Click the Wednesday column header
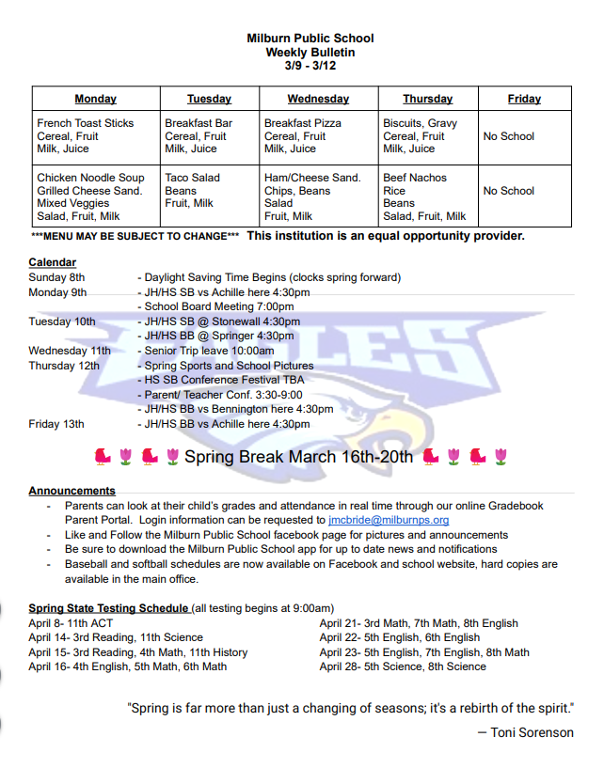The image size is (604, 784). click(318, 99)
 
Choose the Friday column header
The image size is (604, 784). click(524, 99)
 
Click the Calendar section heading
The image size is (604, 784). click(53, 262)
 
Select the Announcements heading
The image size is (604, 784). click(72, 491)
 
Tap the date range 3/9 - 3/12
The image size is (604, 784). click(310, 66)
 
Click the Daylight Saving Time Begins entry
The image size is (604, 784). click(272, 277)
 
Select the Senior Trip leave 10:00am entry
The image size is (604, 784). click(209, 351)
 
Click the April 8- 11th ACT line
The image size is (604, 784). click(71, 623)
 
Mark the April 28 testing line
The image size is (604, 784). click(403, 666)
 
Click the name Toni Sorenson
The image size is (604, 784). click(532, 732)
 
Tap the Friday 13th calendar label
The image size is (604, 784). click(57, 424)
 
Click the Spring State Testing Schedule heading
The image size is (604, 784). click(108, 608)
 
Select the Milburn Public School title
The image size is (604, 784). click(310, 39)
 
